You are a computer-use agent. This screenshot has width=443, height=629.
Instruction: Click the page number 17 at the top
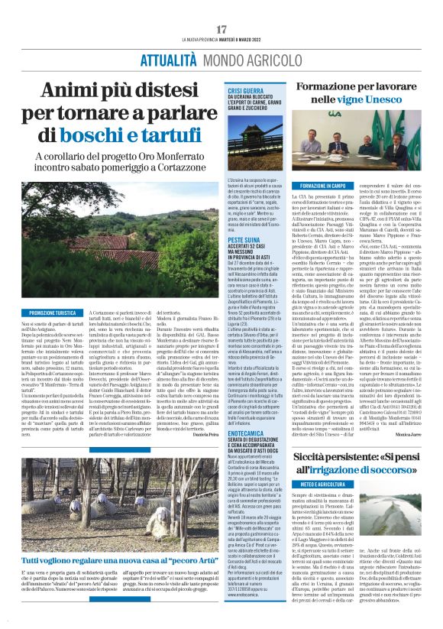coord(221,29)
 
